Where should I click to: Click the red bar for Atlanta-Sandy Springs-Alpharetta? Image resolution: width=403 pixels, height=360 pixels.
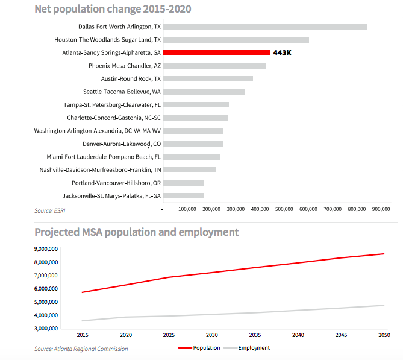(216, 53)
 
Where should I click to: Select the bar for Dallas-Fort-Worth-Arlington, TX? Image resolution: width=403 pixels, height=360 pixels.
(265, 27)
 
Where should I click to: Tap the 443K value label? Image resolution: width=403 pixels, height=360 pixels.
(282, 53)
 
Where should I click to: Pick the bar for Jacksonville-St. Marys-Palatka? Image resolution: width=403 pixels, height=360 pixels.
(183, 195)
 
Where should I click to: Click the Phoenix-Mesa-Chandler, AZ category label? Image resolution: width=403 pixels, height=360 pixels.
(125, 66)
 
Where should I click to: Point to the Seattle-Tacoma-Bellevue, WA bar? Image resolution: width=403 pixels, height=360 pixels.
(204, 92)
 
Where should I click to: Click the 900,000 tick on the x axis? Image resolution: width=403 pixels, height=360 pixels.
(381, 209)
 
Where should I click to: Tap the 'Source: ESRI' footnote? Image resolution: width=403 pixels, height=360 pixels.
(51, 210)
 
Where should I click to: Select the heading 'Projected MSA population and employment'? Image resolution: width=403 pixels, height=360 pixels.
(136, 232)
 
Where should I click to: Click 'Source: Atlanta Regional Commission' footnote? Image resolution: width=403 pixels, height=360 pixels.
(81, 349)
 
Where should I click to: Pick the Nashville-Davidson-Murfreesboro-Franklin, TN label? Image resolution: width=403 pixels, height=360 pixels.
(100, 170)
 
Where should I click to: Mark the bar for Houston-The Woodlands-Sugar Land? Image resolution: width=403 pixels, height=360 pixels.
(236, 40)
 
